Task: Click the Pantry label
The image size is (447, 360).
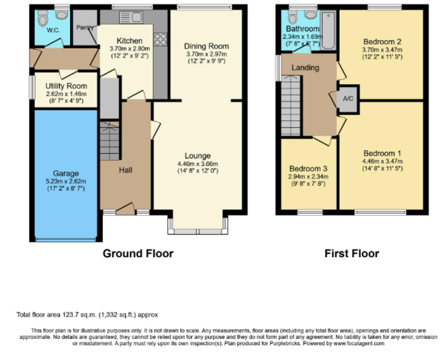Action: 85,28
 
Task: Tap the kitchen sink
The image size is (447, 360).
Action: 131,17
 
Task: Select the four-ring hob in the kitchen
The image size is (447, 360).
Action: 160,40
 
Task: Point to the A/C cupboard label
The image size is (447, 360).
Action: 348,98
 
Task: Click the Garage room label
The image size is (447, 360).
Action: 66,173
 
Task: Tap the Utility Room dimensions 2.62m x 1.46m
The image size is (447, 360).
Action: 66,94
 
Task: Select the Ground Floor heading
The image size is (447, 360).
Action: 138,253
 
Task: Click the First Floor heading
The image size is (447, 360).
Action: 352,253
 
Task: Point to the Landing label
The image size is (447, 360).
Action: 305,68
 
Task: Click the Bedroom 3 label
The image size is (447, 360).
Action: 308,168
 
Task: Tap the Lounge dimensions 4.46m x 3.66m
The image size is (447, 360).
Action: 198,164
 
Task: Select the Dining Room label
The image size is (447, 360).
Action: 206,46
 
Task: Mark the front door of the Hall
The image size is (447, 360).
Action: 125,209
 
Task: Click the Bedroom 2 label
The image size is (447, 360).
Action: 382,42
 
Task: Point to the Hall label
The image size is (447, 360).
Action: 126,170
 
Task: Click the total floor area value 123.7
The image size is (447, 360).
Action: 71,315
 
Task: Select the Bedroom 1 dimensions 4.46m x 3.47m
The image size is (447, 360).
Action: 383,161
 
